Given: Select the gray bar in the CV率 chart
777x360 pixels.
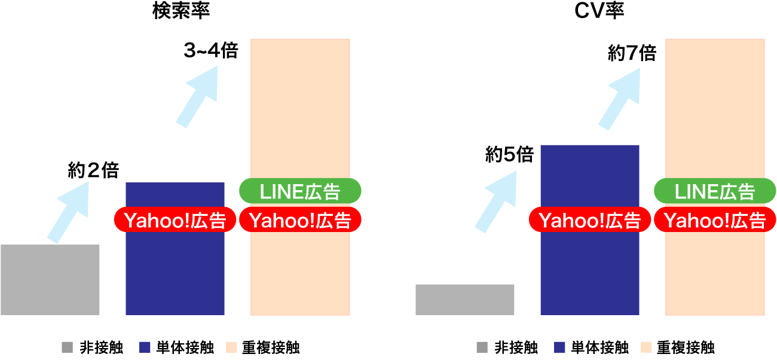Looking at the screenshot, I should coord(464,300).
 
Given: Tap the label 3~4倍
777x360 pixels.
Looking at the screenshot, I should coord(210,51).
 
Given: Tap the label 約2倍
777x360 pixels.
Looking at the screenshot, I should coord(93,171).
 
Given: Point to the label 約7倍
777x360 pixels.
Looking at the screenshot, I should coord(632,54).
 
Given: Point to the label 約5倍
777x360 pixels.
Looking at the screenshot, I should coord(509,155).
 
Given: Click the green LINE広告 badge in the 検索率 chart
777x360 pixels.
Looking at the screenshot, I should coord(300,191).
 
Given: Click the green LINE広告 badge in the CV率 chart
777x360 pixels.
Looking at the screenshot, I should coord(715,191).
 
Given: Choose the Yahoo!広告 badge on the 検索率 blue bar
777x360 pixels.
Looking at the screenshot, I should coord(174,220).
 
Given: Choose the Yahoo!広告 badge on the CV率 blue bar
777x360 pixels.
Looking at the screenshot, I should coord(589,220).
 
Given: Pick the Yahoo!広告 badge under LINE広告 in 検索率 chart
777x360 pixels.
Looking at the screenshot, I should coord(300,220).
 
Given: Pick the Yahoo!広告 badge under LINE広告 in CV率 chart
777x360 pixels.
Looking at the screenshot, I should coord(715,220).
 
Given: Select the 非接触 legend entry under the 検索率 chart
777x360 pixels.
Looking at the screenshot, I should coord(92,347).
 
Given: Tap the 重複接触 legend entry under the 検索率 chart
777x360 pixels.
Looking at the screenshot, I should coord(263,347).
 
